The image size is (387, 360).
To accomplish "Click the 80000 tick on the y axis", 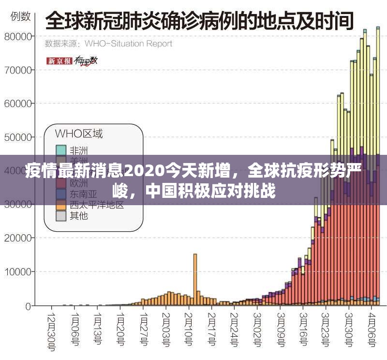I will pos(19,36).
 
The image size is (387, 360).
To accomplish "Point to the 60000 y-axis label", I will pos(19,104).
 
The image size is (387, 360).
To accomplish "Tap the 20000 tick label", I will pos(19,238).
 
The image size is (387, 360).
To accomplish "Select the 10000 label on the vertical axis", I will pos(19,272).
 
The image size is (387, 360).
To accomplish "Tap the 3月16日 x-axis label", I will pos(303,329).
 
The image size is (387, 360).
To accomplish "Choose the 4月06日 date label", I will pos(372,329).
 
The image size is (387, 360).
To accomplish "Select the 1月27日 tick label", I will pos(144,329).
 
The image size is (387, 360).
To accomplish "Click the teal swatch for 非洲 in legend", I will pos(61,150).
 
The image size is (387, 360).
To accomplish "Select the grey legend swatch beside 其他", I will pos(61,216).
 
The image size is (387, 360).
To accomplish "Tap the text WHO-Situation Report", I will pos(128,44).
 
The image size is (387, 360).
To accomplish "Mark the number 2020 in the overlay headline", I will pos(144,171).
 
